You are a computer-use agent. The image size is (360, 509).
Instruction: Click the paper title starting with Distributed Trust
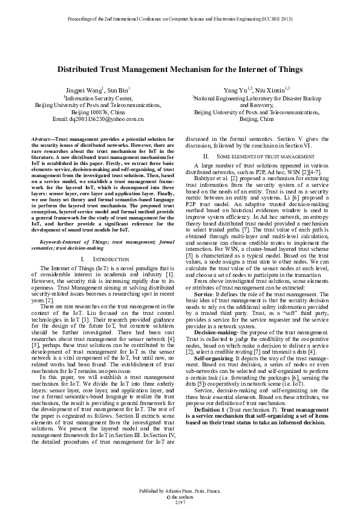(180, 70)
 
